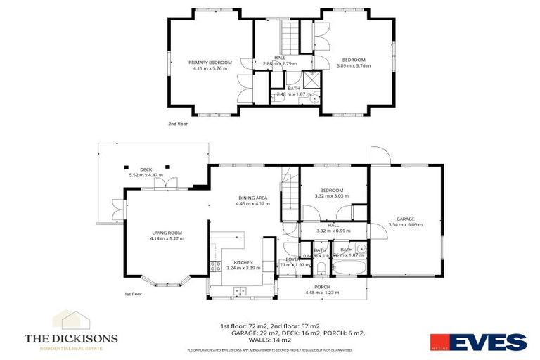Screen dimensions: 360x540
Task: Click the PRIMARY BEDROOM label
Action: tap(210, 63)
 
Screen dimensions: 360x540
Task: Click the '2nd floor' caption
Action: tap(178, 123)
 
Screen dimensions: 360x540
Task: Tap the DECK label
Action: tap(146, 169)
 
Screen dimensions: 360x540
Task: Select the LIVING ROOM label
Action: tap(167, 233)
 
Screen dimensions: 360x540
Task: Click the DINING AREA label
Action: tap(252, 199)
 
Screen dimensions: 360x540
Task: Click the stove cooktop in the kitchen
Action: tap(214, 266)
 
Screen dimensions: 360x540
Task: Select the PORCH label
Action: tap(322, 287)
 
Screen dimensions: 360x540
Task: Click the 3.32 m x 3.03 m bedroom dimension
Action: tap(331, 196)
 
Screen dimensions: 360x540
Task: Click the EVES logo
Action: tap(486, 342)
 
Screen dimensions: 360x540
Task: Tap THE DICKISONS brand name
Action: tap(71, 338)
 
